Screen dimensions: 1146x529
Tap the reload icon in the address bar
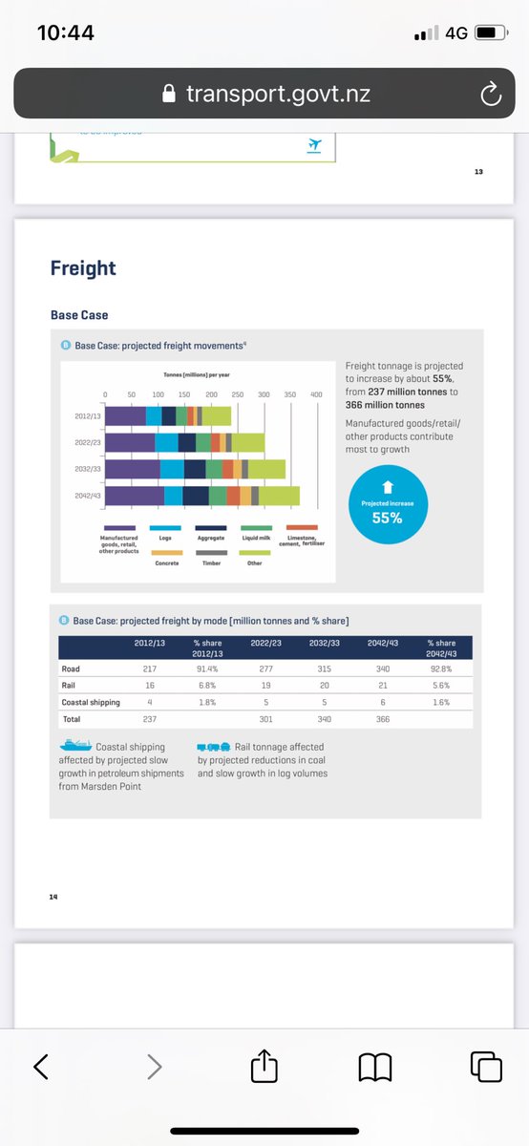[490, 93]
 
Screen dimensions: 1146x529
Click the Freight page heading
[83, 268]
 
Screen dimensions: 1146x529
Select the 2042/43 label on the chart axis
[87, 496]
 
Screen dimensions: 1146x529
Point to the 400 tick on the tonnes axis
[316, 393]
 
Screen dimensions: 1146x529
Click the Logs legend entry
[164, 538]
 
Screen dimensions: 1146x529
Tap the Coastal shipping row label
[90, 701]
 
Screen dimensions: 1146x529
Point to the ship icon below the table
[75, 746]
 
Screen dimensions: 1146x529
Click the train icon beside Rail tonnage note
[214, 746]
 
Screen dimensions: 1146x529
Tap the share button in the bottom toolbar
[264, 1066]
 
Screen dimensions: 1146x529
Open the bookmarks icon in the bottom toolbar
[374, 1066]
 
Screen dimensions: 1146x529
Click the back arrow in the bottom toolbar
[41, 1066]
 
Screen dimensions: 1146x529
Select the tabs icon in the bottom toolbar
[486, 1066]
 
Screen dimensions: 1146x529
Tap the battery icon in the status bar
[490, 32]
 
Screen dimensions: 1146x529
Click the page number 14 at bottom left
[53, 896]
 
